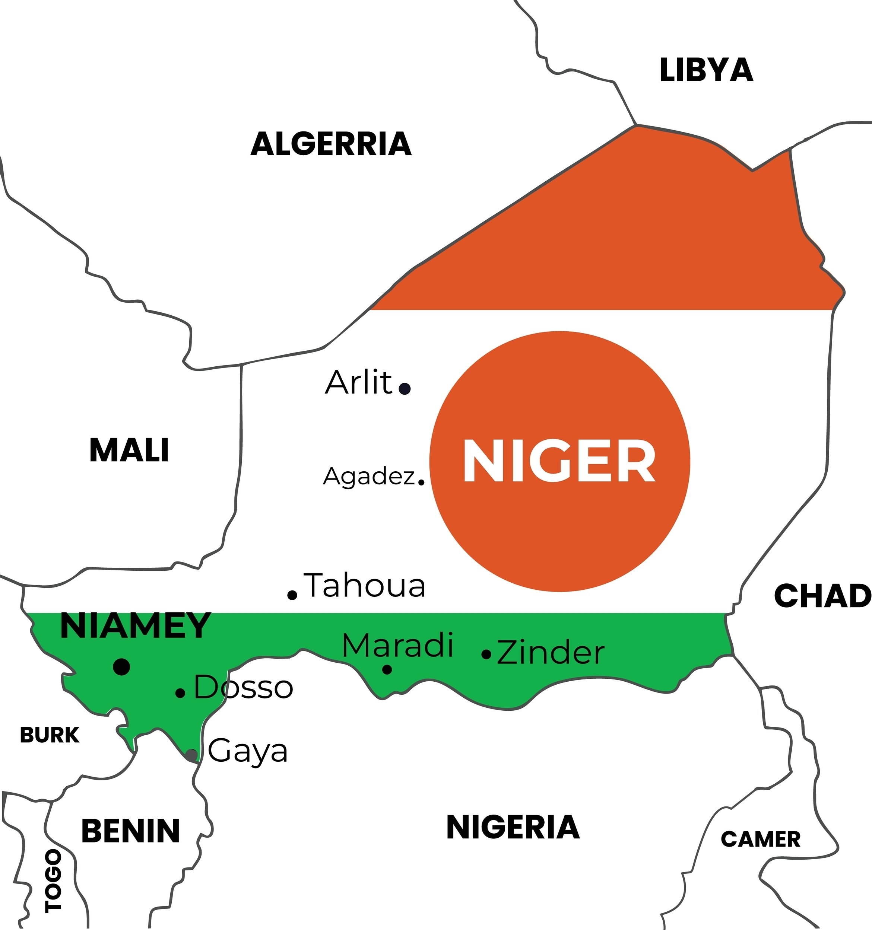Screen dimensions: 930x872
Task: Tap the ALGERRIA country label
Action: [x=331, y=144]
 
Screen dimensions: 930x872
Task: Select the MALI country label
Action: [x=129, y=450]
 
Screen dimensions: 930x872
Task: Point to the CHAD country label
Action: [x=822, y=596]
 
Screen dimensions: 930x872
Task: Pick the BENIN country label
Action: [x=131, y=831]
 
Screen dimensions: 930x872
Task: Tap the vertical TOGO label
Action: [x=53, y=881]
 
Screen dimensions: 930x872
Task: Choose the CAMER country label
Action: [x=760, y=839]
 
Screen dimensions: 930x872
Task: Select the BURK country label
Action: [x=50, y=735]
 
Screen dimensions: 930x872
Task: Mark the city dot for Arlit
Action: [x=405, y=388]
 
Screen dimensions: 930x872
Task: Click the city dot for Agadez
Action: [x=421, y=481]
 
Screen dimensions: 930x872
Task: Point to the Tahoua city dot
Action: [x=292, y=595]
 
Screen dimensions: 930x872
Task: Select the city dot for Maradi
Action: [x=387, y=669]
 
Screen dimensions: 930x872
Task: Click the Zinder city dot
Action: [x=486, y=654]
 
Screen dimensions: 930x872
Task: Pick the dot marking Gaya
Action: [x=191, y=754]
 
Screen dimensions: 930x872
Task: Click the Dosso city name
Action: [x=243, y=687]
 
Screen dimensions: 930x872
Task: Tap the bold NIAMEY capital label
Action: [x=135, y=626]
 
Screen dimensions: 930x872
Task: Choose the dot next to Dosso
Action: [x=180, y=693]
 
